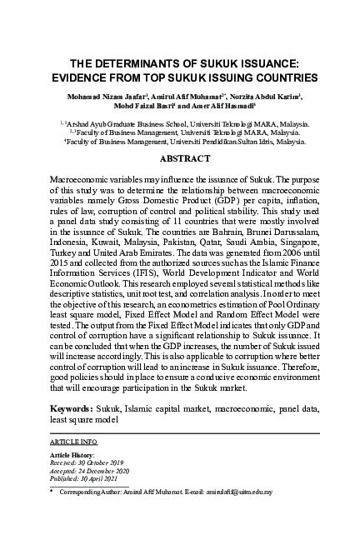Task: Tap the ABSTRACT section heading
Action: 179,157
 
